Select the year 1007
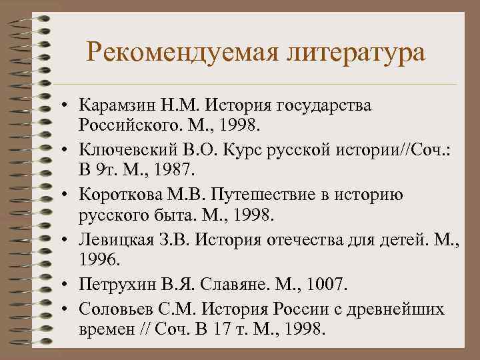coord(323,284)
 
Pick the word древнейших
coord(407,308)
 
